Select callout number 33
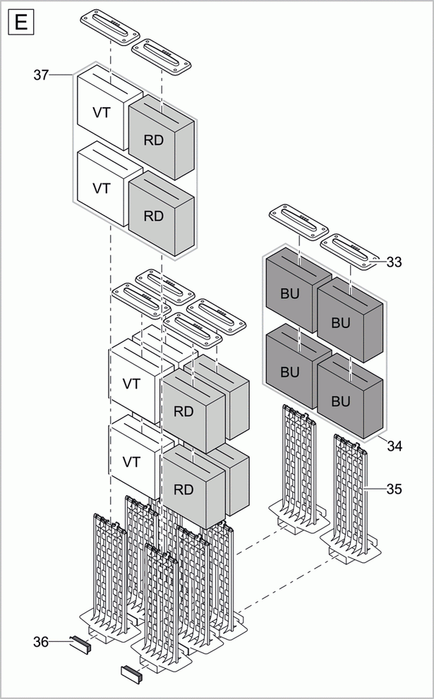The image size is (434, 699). pos(394,262)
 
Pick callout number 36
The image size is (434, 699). pos(42,641)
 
